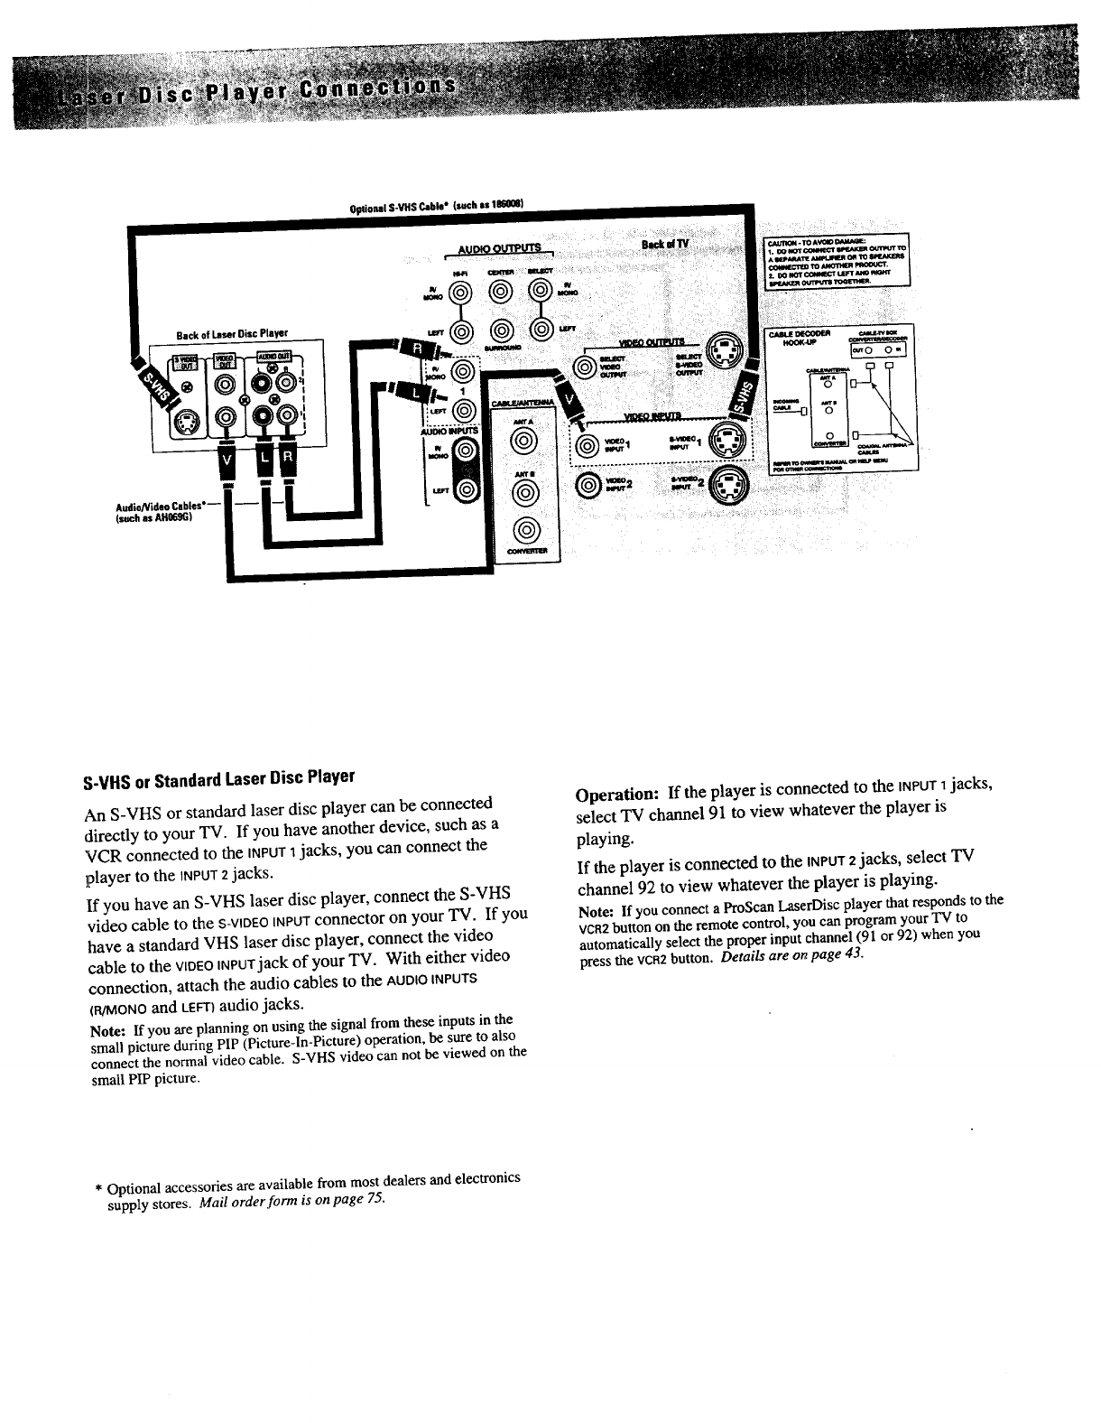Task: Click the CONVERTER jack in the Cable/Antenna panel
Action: pyautogui.click(x=523, y=530)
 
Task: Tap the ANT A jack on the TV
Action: pyautogui.click(x=523, y=442)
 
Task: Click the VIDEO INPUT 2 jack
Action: pyautogui.click(x=588, y=485)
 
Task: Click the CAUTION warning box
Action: pyautogui.click(x=837, y=261)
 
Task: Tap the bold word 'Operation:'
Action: pyautogui.click(x=617, y=794)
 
